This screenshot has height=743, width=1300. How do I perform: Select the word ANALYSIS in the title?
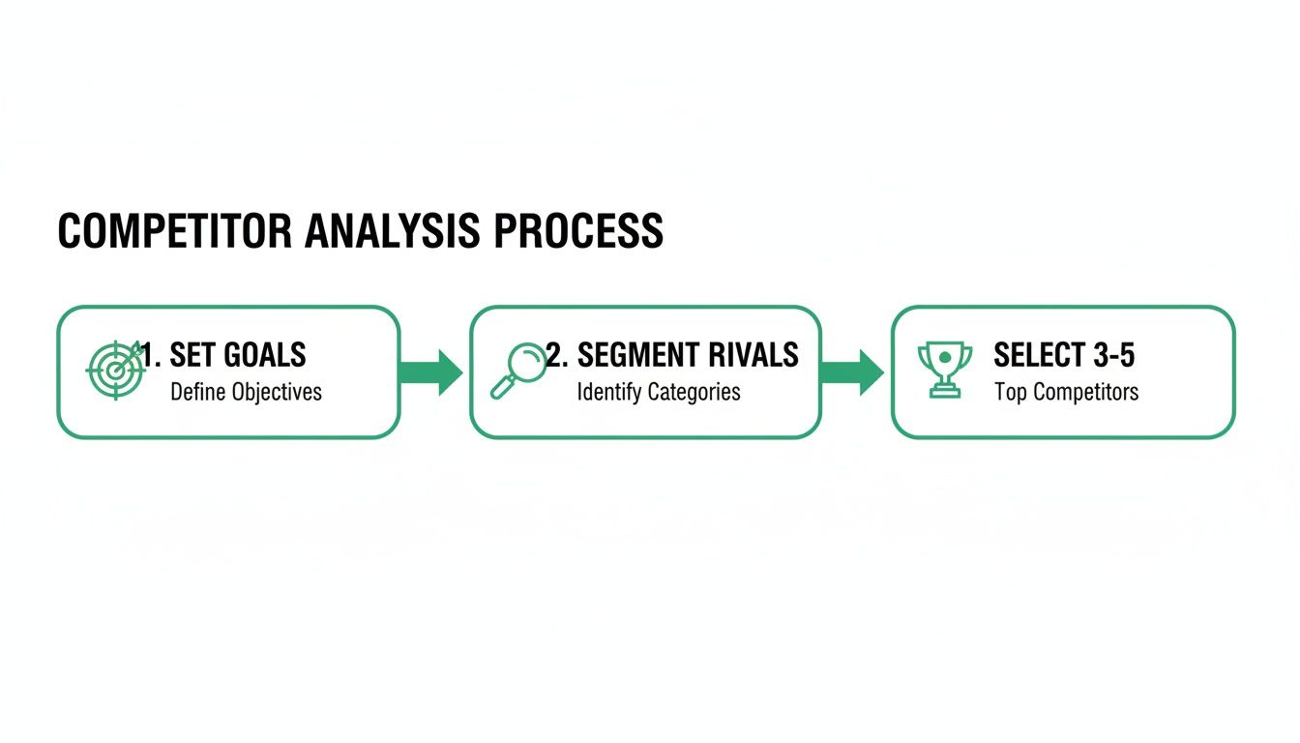tap(394, 232)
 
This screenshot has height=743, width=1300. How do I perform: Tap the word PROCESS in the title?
tap(578, 232)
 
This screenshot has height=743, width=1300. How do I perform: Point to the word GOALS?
tap(264, 355)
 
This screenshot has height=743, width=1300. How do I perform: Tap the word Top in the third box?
tap(1009, 392)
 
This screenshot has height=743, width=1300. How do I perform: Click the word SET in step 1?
tap(192, 355)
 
